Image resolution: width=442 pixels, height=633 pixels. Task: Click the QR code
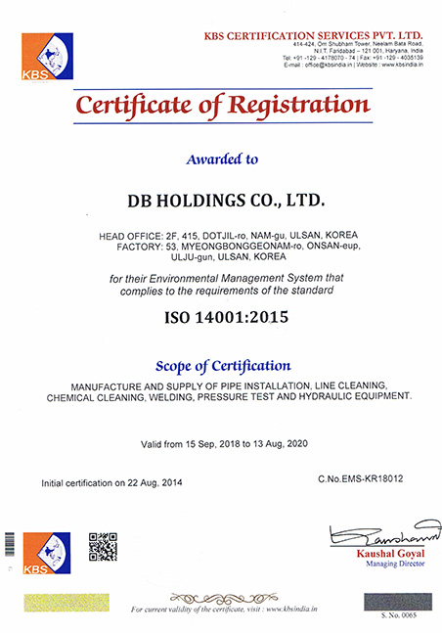tap(103, 546)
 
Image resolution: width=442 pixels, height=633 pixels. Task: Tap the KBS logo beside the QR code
tap(47, 554)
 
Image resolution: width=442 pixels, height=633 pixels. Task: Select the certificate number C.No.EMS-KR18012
tap(360, 478)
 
